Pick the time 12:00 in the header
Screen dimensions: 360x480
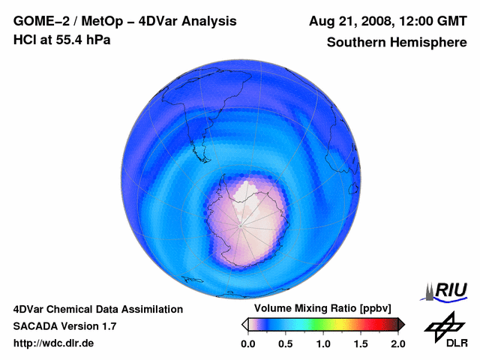pos(408,21)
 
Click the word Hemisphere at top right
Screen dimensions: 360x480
pos(431,43)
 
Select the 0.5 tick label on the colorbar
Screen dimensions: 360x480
pos(285,343)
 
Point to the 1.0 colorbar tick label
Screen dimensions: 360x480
pos(322,343)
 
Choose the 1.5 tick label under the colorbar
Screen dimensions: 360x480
pos(360,343)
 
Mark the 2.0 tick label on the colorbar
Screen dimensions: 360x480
pos(397,343)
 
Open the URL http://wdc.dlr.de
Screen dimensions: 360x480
pos(54,343)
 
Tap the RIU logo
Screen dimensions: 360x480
pos(448,290)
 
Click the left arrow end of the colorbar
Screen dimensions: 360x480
pos(245,324)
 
